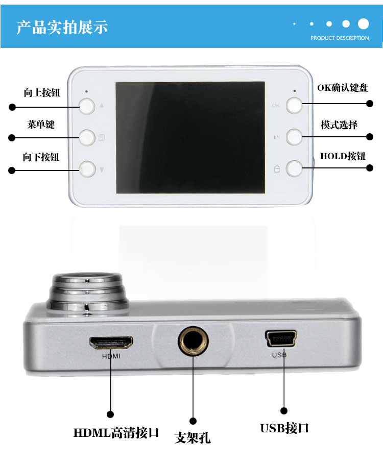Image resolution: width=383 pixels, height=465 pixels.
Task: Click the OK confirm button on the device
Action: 294,105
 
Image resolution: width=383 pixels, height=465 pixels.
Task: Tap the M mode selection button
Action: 294,137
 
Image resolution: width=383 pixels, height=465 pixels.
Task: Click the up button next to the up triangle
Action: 87,106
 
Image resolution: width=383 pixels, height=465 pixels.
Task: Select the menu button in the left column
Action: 87,138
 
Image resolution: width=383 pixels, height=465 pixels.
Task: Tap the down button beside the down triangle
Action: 87,169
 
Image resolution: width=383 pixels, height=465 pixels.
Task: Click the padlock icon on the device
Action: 277,169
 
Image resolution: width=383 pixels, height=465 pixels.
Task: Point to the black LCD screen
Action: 190,138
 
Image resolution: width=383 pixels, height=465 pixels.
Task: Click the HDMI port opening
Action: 111,342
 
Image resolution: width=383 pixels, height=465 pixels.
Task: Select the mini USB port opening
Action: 281,338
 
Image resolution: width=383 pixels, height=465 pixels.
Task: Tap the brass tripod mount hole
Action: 193,340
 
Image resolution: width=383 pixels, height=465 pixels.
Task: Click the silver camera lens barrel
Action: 87,293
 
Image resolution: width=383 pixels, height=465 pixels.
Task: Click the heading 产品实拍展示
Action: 62,27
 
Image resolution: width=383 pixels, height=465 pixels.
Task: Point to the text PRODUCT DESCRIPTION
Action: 340,38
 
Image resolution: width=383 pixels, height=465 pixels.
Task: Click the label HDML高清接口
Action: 116,433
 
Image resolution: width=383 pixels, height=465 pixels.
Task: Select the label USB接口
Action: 284,428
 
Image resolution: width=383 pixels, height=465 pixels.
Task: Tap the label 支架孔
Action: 193,438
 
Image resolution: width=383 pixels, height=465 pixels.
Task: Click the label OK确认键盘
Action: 343,88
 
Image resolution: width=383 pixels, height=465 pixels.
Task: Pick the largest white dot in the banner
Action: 364,23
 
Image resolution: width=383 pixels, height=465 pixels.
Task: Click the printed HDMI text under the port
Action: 111,356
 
